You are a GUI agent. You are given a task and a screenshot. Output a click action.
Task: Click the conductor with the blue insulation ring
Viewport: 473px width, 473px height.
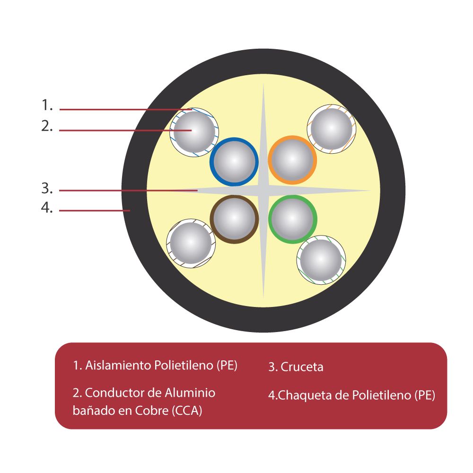(234, 161)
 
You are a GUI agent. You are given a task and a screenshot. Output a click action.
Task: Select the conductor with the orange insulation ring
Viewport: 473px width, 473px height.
(292, 160)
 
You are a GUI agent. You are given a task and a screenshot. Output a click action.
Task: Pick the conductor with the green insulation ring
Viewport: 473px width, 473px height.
(292, 219)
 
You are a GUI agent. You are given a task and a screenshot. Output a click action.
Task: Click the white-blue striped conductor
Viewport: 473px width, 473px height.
(193, 131)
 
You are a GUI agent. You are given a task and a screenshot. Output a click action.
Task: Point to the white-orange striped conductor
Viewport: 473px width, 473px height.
(331, 128)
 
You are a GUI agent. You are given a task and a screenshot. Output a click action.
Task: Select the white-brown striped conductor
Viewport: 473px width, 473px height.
(191, 243)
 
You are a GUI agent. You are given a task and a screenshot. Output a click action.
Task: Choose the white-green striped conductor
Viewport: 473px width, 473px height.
(321, 260)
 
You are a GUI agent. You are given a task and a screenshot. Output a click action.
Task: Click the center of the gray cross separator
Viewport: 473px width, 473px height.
(263, 191)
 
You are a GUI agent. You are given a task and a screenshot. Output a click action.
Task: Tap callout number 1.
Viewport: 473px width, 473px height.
(47, 105)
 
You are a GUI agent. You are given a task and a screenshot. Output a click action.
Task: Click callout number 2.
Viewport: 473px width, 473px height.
(47, 126)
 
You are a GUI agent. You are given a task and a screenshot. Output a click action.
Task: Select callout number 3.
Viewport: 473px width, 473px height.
(47, 188)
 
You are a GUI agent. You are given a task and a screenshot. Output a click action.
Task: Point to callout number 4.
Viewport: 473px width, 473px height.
(47, 208)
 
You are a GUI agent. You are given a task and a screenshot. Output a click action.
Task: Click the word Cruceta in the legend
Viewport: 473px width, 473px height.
(302, 367)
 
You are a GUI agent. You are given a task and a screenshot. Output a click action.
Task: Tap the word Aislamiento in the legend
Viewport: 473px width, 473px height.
(119, 365)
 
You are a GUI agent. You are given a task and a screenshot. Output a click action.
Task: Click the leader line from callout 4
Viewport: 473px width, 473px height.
(95, 210)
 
